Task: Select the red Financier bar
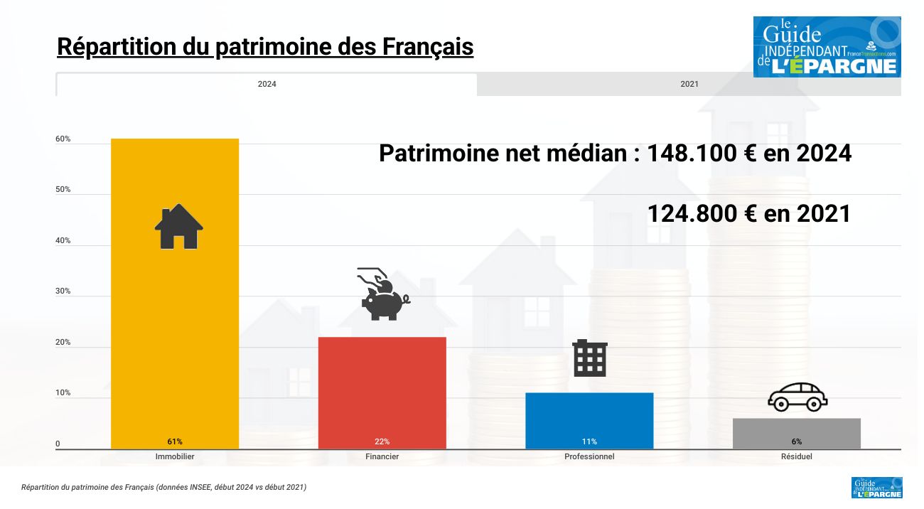point(382,391)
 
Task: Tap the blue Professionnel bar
point(589,419)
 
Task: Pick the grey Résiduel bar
point(796,432)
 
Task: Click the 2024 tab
point(267,84)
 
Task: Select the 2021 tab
point(689,84)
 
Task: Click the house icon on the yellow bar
point(179,227)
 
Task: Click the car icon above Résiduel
point(797,397)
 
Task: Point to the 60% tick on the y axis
point(63,139)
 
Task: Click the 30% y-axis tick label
point(63,291)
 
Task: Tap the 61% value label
point(175,441)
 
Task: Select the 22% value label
point(382,441)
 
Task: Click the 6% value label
point(796,441)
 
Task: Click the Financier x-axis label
point(382,456)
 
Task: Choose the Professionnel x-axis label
point(589,456)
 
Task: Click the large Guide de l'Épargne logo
point(827,47)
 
